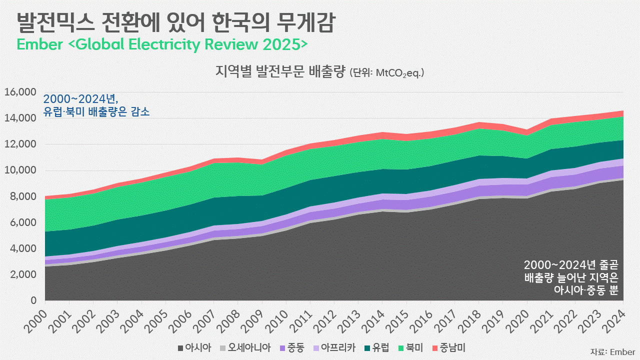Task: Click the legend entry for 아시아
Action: pos(194,347)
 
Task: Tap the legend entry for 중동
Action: pos(292,347)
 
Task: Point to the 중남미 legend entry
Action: pos(448,347)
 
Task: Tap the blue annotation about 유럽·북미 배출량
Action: pos(96,105)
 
